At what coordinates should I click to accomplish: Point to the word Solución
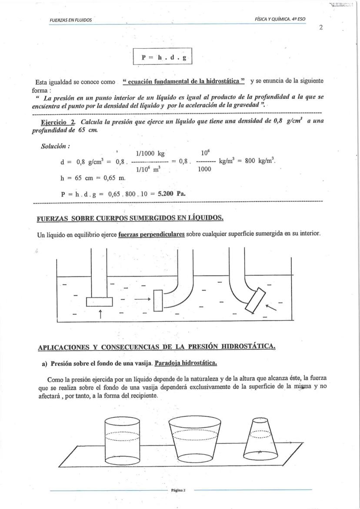[x=56, y=144]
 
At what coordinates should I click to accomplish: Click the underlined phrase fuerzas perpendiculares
[x=151, y=234]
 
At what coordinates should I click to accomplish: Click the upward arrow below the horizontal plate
[x=100, y=312]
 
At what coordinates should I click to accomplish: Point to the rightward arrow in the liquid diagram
[x=142, y=299]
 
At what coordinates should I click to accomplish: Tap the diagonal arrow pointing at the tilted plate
[x=271, y=307]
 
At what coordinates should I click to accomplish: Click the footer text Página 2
[x=178, y=490]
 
